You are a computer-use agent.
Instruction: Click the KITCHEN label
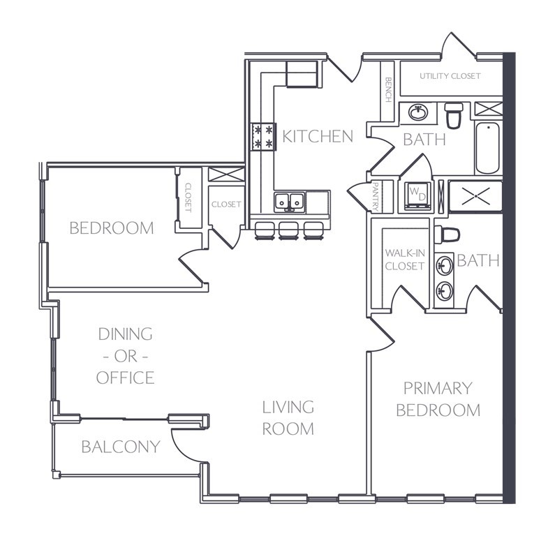pos(318,137)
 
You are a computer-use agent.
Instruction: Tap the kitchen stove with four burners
pos(263,137)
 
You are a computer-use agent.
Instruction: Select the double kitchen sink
pos(290,202)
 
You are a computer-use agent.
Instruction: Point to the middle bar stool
pos(288,231)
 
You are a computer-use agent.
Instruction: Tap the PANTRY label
pos(376,197)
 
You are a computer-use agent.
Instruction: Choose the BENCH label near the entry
pos(388,89)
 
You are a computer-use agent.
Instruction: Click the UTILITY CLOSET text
pos(450,76)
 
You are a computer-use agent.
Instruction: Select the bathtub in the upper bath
pos(487,148)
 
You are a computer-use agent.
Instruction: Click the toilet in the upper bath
pos(454,115)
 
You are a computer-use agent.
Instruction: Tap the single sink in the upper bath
pos(418,112)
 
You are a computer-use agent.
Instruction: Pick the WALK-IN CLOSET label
pos(405,260)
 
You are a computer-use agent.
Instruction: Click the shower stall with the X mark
pos(475,196)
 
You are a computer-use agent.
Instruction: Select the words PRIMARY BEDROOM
pos(438,399)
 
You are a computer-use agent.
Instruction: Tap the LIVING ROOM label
pos(288,418)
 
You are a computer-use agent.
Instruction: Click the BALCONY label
pos(121,447)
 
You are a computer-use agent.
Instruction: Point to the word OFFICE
pos(125,378)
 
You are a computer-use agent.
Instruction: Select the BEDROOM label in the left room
pos(112,228)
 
